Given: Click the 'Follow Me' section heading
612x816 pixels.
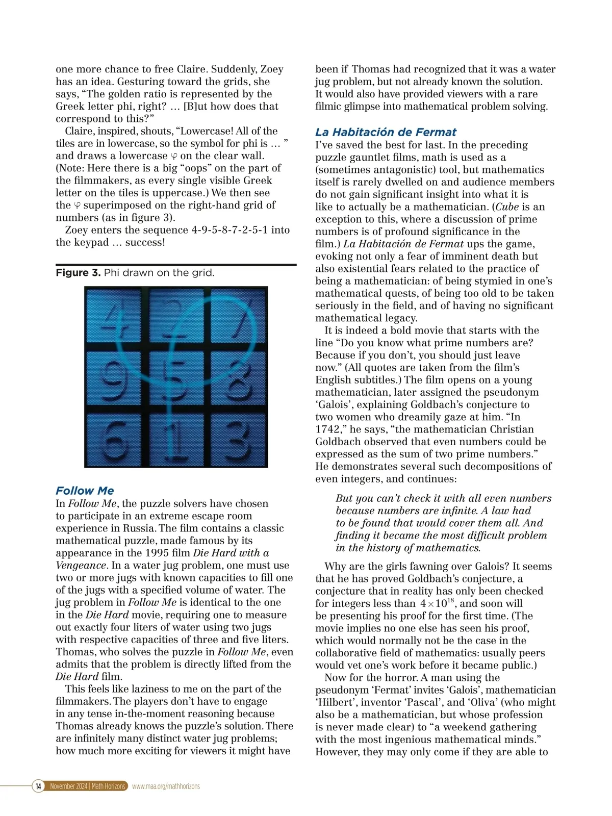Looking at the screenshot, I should [85, 491].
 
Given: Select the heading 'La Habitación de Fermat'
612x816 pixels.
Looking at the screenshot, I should [386, 132].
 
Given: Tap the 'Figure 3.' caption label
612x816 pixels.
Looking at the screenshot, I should [78, 273].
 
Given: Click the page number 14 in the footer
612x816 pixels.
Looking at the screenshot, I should [38, 786].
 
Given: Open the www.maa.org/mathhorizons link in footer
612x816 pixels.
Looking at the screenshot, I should [166, 786].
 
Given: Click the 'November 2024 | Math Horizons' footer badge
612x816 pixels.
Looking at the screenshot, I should [87, 786].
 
